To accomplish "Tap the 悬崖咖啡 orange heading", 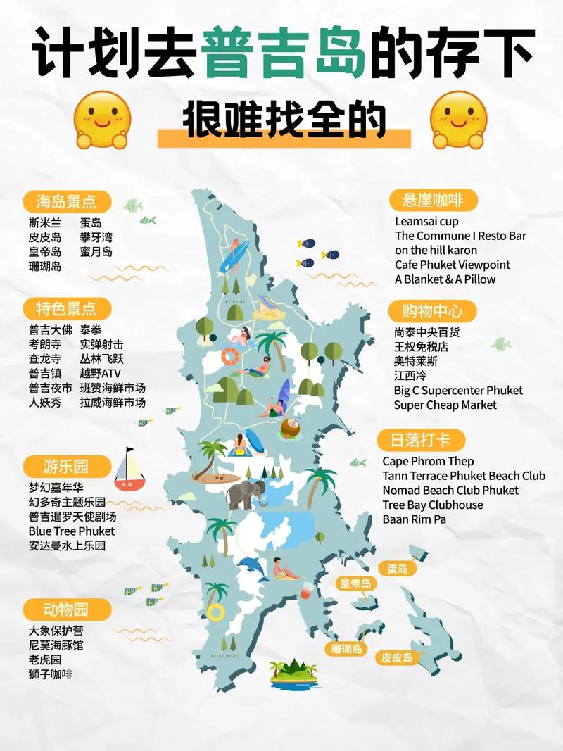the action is tap(433, 200).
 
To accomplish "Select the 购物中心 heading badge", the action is tap(433, 310).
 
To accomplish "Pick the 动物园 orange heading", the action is tap(66, 609).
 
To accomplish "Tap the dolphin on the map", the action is tap(252, 567).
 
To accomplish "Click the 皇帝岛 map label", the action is tap(356, 583).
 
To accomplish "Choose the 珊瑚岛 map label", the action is tap(347, 648).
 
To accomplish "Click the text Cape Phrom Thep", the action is tap(428, 461).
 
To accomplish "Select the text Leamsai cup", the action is tap(426, 221).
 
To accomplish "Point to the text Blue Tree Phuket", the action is tap(71, 531).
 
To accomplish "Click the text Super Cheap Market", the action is tap(445, 405).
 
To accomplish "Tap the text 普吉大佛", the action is tap(51, 329).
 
